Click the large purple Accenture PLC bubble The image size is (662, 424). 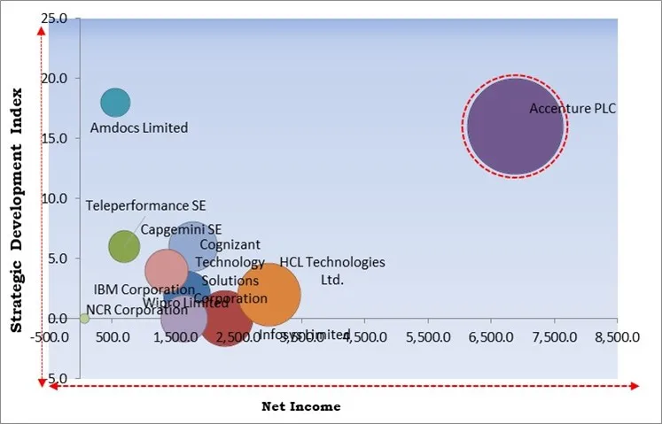point(515,127)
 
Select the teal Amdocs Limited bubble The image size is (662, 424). point(115,103)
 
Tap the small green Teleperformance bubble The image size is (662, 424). point(124,246)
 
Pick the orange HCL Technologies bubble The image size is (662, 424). point(269,296)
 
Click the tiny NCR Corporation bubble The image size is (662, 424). point(84,318)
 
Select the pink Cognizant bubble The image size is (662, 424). point(166,270)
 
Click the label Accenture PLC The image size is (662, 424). point(572,109)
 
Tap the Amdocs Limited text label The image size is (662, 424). point(139,127)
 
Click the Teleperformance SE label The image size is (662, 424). point(138,206)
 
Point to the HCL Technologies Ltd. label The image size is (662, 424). point(332,271)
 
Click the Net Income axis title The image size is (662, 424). point(300,406)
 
